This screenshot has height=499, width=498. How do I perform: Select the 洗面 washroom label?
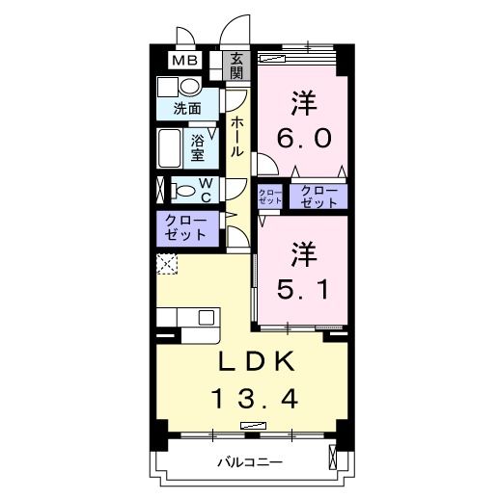point(187,109)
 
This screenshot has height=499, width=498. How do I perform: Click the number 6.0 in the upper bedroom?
point(304,138)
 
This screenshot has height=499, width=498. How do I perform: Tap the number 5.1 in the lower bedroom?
point(304,287)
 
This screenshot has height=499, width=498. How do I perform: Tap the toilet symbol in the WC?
point(182,189)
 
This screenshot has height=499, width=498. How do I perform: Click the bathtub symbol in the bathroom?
point(170,148)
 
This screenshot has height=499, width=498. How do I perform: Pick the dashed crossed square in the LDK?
point(166,261)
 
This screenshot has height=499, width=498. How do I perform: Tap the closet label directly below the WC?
point(186,227)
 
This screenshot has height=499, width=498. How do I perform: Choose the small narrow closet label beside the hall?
point(270,197)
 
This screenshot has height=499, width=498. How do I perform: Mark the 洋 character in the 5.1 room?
point(304,251)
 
